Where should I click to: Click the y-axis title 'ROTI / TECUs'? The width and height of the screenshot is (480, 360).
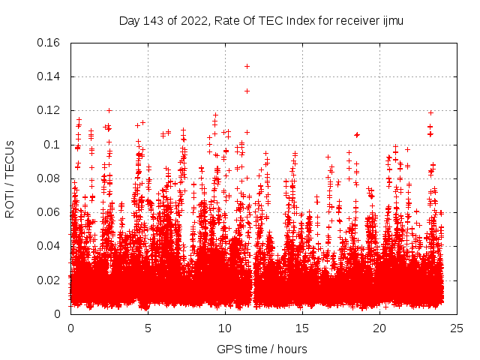coord(10,178)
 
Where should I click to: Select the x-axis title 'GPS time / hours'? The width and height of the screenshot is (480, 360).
coord(262,349)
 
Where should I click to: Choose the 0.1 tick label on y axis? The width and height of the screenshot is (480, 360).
coord(52,144)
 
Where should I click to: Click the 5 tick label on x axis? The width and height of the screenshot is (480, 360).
coord(148,328)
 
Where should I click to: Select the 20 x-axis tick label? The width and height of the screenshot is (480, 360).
coord(379,328)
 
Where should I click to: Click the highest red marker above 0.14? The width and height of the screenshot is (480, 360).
coord(247,66)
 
